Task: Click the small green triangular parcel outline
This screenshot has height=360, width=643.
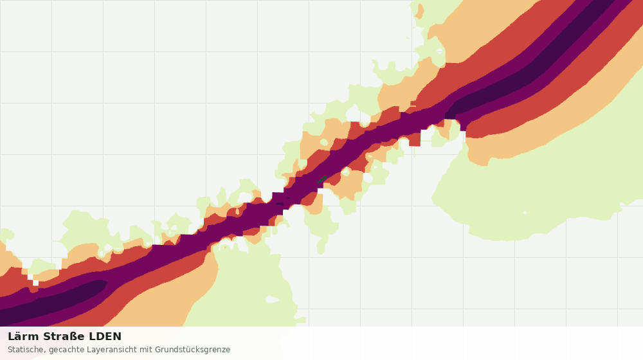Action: tap(322, 179)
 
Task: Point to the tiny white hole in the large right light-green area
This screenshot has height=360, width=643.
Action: tap(525, 212)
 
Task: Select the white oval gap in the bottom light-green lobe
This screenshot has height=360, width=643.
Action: tap(272, 300)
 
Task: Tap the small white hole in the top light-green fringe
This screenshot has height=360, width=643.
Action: tap(440, 51)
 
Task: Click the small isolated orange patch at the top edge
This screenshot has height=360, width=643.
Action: tap(419, 12)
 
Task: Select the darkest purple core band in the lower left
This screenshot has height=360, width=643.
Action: tap(53, 301)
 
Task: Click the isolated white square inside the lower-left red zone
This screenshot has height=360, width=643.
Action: tap(35, 283)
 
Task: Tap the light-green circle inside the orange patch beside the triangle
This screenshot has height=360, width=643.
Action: tap(345, 172)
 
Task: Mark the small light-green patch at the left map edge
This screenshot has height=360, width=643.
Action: tap(6, 235)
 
